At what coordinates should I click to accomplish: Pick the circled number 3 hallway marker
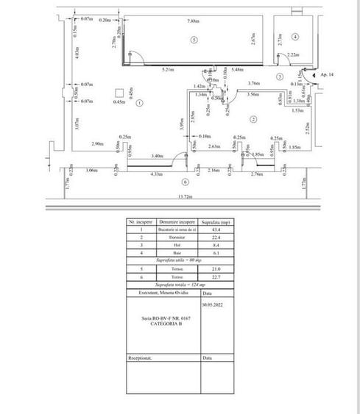click(280, 76)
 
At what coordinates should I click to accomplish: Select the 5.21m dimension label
click(167, 70)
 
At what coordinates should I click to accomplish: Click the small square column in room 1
click(119, 92)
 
